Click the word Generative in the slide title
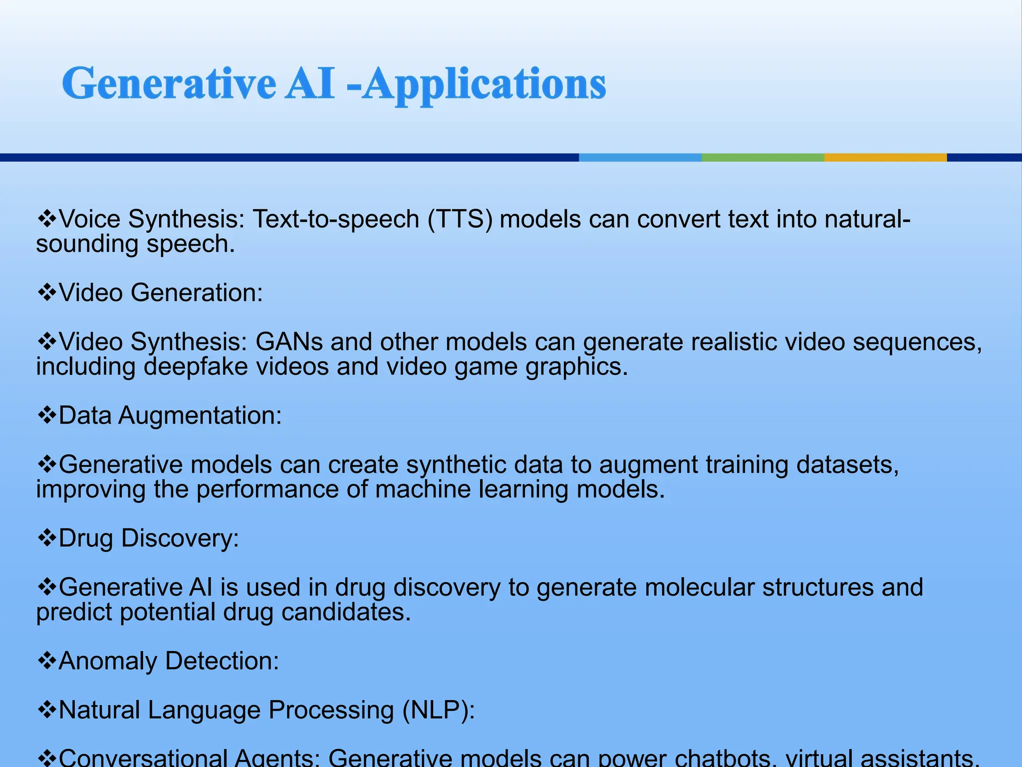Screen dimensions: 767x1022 coord(169,84)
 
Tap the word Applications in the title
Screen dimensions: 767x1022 coord(484,85)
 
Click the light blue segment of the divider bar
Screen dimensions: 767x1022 coord(640,157)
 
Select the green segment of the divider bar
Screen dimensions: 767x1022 coord(763,157)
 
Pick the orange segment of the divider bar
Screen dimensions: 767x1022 coord(885,157)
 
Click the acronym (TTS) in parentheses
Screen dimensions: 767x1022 coord(460,219)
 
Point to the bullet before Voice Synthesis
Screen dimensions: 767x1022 coord(47,219)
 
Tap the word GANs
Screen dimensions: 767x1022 coord(289,342)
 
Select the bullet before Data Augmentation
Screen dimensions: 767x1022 coord(47,415)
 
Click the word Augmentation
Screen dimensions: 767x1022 coord(200,415)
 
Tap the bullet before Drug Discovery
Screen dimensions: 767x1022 coord(47,538)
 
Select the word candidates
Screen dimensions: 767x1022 coord(346,612)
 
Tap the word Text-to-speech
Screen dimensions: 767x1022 coord(336,219)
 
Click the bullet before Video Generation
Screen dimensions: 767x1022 coord(47,293)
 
